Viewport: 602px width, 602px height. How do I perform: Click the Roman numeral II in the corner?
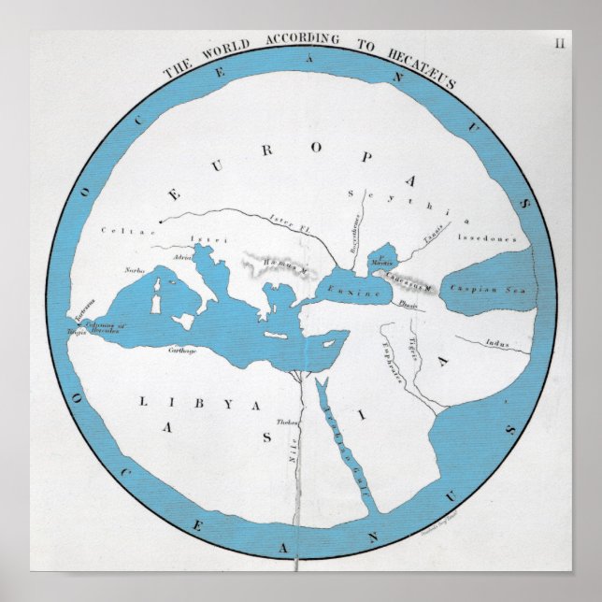coord(560,42)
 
